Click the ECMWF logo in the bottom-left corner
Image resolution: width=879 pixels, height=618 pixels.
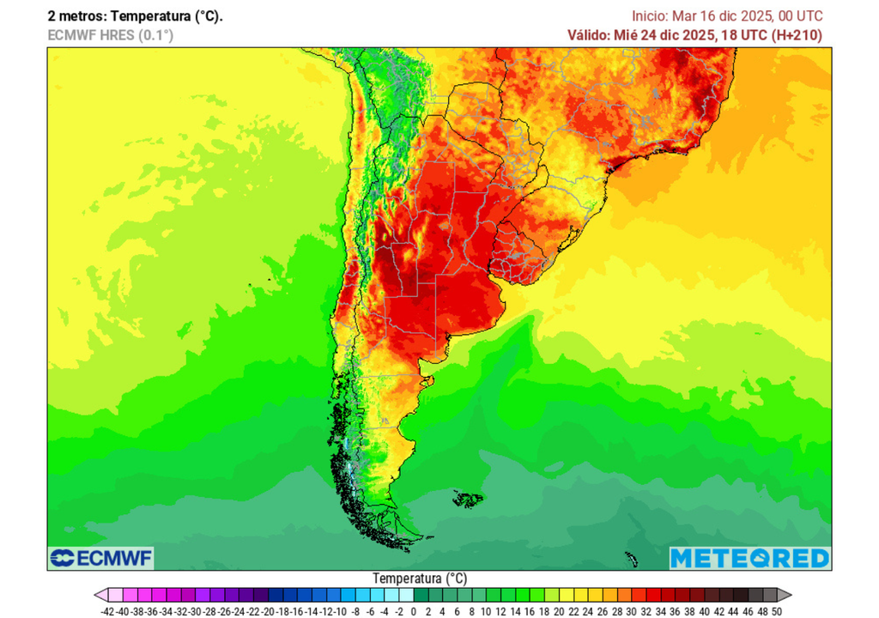point(101,559)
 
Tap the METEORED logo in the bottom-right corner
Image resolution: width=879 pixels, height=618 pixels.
point(749,558)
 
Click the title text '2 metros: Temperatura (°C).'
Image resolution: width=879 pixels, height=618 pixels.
point(135,16)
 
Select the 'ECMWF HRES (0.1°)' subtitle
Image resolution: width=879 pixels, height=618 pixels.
point(109,35)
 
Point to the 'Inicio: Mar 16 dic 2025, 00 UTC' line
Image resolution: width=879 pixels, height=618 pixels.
point(727,16)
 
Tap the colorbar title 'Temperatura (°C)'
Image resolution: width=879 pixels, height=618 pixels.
point(420,579)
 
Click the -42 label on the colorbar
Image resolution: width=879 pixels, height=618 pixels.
point(107,611)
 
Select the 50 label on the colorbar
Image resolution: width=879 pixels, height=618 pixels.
point(776,611)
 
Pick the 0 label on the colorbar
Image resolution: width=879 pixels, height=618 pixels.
point(414,611)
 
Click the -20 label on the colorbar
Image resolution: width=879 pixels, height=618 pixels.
point(267,611)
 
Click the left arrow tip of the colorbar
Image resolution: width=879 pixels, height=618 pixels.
point(98,595)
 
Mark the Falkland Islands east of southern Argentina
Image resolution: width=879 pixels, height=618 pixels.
point(468,498)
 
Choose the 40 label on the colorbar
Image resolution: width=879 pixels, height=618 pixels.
point(704,611)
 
